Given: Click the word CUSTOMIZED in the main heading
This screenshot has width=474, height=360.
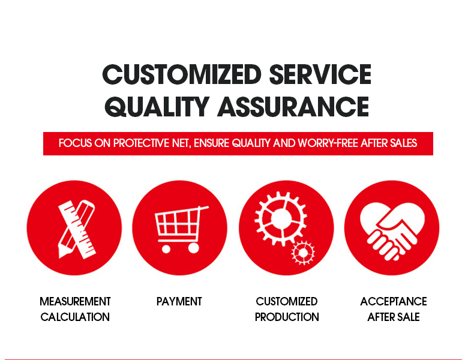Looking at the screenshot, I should tap(182, 75).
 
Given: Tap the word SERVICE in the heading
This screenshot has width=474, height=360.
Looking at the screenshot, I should tap(320, 75).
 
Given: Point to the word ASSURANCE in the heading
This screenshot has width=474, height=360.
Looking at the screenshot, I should tap(293, 106).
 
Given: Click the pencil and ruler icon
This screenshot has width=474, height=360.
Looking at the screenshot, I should tap(75, 227).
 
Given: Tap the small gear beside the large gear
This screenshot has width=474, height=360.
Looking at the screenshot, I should tap(303, 251).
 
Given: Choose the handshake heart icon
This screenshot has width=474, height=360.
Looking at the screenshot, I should tap(391, 227).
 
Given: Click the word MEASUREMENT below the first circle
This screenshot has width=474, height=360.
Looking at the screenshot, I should tap(75, 301).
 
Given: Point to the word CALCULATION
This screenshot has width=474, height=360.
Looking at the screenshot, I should tap(75, 317).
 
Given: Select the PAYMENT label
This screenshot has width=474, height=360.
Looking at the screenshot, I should tap(179, 301).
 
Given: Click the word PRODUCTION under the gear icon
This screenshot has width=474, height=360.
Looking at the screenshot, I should tap(287, 317).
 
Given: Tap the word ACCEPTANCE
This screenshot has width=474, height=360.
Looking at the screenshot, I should tap(394, 301).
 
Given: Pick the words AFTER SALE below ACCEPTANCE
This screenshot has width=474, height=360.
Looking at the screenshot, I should tap(394, 317).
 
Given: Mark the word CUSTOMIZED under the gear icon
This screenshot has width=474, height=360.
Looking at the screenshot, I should tap(287, 301).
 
